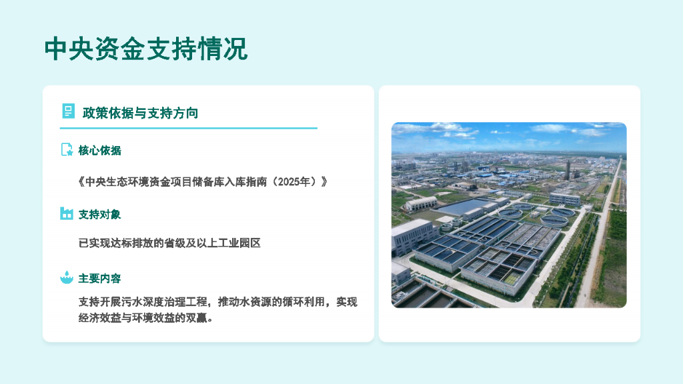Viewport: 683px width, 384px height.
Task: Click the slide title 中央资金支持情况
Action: (145, 49)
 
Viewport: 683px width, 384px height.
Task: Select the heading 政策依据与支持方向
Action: (140, 113)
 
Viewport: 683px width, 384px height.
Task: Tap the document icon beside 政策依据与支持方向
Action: (68, 111)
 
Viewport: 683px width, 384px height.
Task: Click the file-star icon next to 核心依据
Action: (67, 150)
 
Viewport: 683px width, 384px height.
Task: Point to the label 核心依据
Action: (100, 151)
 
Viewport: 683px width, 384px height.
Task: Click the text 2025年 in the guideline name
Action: (297, 181)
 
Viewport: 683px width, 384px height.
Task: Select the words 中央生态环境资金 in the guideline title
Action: (129, 181)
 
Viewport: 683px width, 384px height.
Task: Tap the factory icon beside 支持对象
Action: (67, 213)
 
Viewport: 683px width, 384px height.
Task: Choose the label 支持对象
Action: (100, 214)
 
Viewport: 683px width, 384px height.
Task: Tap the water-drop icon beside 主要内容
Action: (67, 277)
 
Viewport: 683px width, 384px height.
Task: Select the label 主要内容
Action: (100, 278)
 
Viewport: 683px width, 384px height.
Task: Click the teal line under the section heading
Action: (189, 128)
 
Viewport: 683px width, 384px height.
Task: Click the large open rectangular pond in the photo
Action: (467, 205)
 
